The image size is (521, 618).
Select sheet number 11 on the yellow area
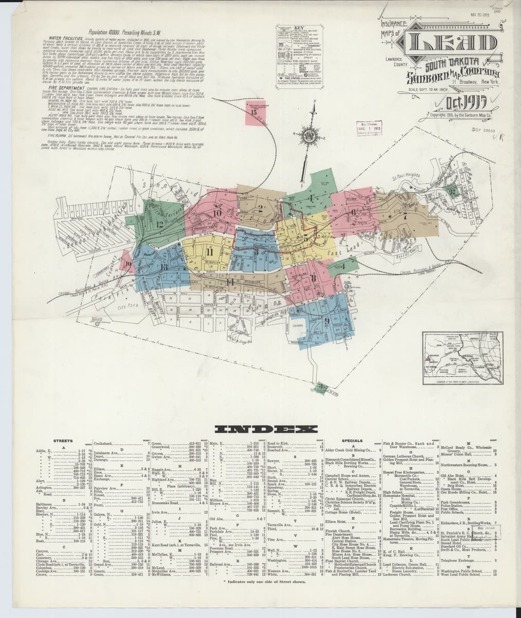click(209, 251)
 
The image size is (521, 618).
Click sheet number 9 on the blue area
click(327, 319)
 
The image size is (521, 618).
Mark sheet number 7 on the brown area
click(405, 216)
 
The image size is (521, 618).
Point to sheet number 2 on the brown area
click(261, 209)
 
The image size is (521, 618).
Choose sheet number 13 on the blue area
click(164, 266)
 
